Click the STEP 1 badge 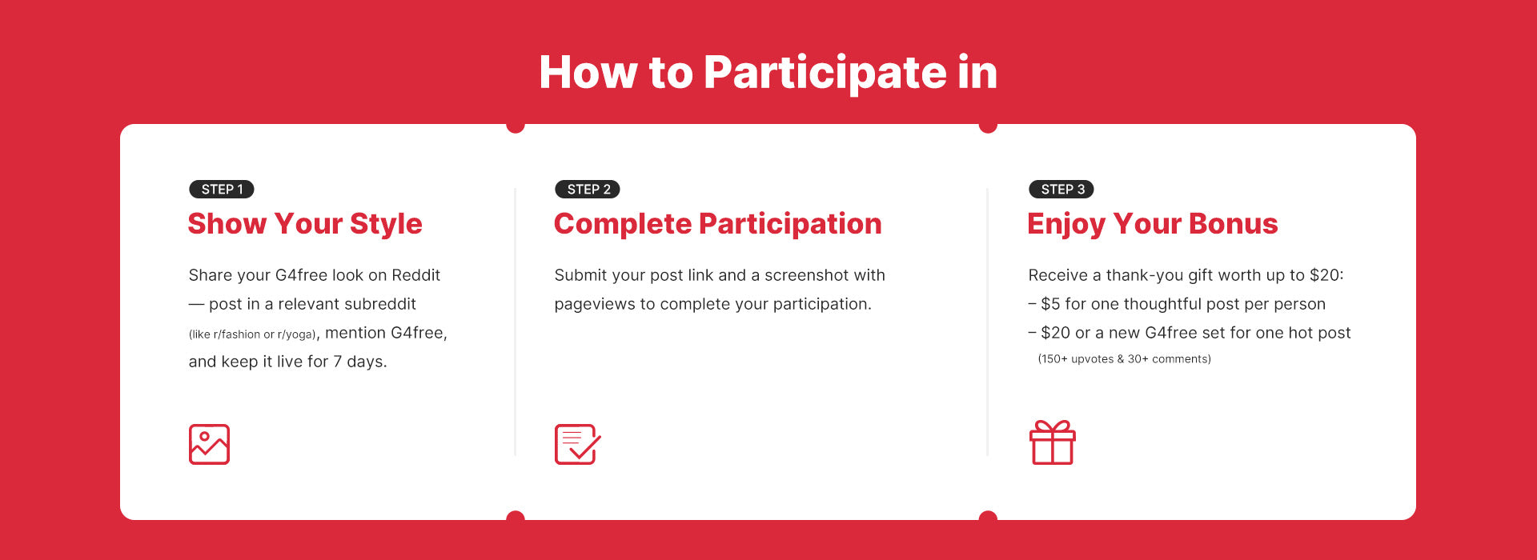[x=222, y=190]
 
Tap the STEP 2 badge [x=588, y=190]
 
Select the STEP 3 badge [x=1061, y=190]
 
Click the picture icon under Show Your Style [x=210, y=445]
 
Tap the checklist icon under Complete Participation [x=577, y=445]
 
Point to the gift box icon [x=1052, y=442]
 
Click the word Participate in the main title [x=825, y=74]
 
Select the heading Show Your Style [x=305, y=224]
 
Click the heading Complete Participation [x=718, y=224]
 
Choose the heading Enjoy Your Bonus [x=1153, y=224]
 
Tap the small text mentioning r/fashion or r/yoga [x=252, y=334]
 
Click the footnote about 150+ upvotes [x=1124, y=359]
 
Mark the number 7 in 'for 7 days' [x=338, y=362]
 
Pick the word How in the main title [x=588, y=73]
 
